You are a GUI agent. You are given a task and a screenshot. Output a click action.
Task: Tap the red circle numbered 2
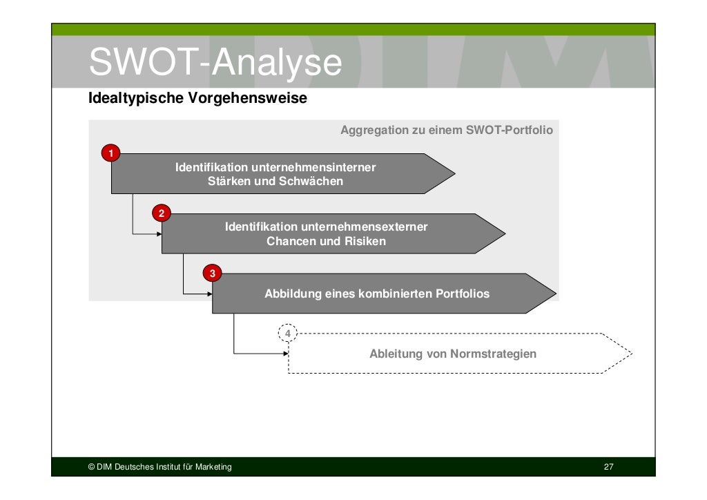[x=162, y=213]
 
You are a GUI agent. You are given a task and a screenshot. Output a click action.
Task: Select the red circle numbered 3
[x=212, y=273]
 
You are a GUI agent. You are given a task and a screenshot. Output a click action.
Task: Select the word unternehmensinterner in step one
[x=314, y=167]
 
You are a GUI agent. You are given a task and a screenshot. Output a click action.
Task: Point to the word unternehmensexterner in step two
[x=364, y=227]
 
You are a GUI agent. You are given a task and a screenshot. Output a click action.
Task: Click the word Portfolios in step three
[x=462, y=294]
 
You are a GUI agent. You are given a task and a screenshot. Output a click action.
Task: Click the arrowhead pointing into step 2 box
[x=159, y=234]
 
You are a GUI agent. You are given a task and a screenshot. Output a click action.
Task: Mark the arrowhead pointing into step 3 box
[x=209, y=294]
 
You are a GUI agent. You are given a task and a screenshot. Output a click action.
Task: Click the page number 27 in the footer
[x=608, y=468]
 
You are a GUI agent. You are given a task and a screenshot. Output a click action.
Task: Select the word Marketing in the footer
[x=214, y=468]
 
